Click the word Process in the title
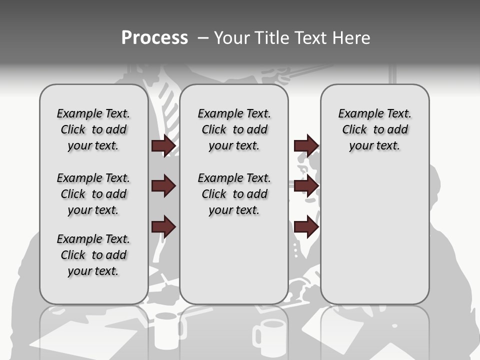(x=154, y=38)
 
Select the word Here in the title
(x=351, y=38)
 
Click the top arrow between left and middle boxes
(x=163, y=145)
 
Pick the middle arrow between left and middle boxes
(x=163, y=186)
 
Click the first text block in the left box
(x=93, y=129)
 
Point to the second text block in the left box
(x=93, y=194)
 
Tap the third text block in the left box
(x=93, y=255)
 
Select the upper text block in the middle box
(x=234, y=129)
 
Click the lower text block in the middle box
(x=234, y=194)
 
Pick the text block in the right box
(x=374, y=129)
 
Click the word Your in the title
(x=230, y=38)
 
